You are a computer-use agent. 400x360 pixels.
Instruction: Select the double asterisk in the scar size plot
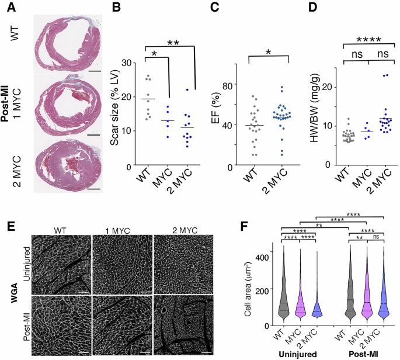tap(173, 42)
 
